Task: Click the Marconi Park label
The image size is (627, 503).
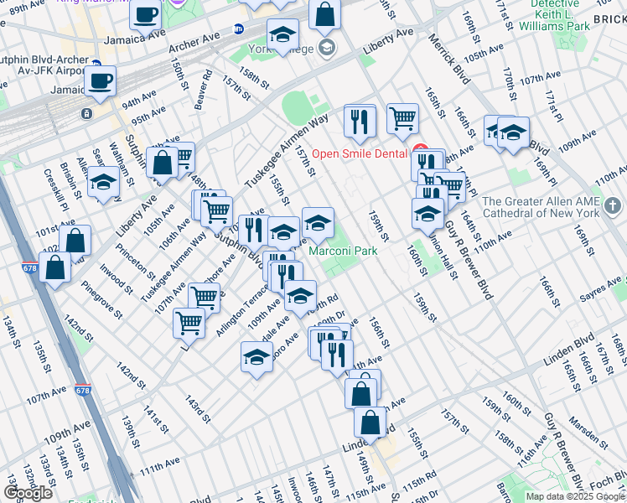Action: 343,251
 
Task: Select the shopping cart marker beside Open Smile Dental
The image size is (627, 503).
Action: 402,118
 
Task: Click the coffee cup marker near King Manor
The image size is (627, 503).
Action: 146,15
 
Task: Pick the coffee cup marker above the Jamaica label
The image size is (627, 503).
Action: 100,81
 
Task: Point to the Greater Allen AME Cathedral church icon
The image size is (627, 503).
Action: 613,205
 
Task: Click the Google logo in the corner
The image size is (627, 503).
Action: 28,493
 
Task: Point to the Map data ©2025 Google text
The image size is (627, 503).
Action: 575,496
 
